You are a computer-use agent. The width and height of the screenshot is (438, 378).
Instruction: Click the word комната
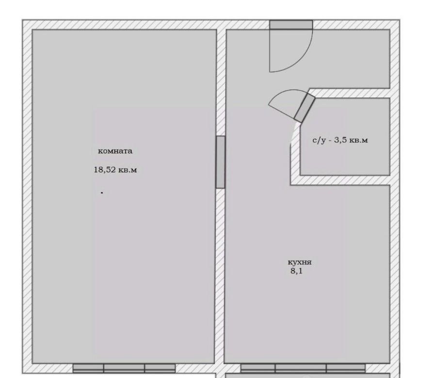point(115,151)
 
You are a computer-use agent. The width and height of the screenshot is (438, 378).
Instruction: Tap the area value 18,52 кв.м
point(115,170)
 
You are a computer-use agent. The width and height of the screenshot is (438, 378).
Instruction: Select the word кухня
point(299,263)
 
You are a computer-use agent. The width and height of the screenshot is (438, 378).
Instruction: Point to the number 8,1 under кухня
point(296,271)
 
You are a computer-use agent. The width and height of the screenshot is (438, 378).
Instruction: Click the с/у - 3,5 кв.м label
point(340,140)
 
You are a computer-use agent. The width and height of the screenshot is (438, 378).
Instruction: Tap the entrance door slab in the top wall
point(291,25)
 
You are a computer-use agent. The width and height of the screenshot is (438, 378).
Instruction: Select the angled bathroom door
point(305,108)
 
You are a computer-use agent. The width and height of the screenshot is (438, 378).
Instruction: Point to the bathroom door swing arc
point(282,94)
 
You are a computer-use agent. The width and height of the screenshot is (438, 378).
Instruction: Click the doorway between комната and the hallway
point(220,162)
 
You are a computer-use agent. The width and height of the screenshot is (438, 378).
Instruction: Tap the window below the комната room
point(124,368)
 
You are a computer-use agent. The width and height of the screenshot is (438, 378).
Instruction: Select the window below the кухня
point(303,368)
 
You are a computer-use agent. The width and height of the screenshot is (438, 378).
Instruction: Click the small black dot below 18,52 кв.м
point(102,192)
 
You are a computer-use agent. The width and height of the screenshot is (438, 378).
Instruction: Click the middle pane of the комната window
point(124,368)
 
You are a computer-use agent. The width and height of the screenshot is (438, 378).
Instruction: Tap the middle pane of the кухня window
point(301,368)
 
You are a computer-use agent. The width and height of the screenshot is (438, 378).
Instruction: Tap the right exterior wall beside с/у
point(395,137)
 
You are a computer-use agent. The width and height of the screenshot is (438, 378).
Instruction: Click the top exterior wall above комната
point(124,25)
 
